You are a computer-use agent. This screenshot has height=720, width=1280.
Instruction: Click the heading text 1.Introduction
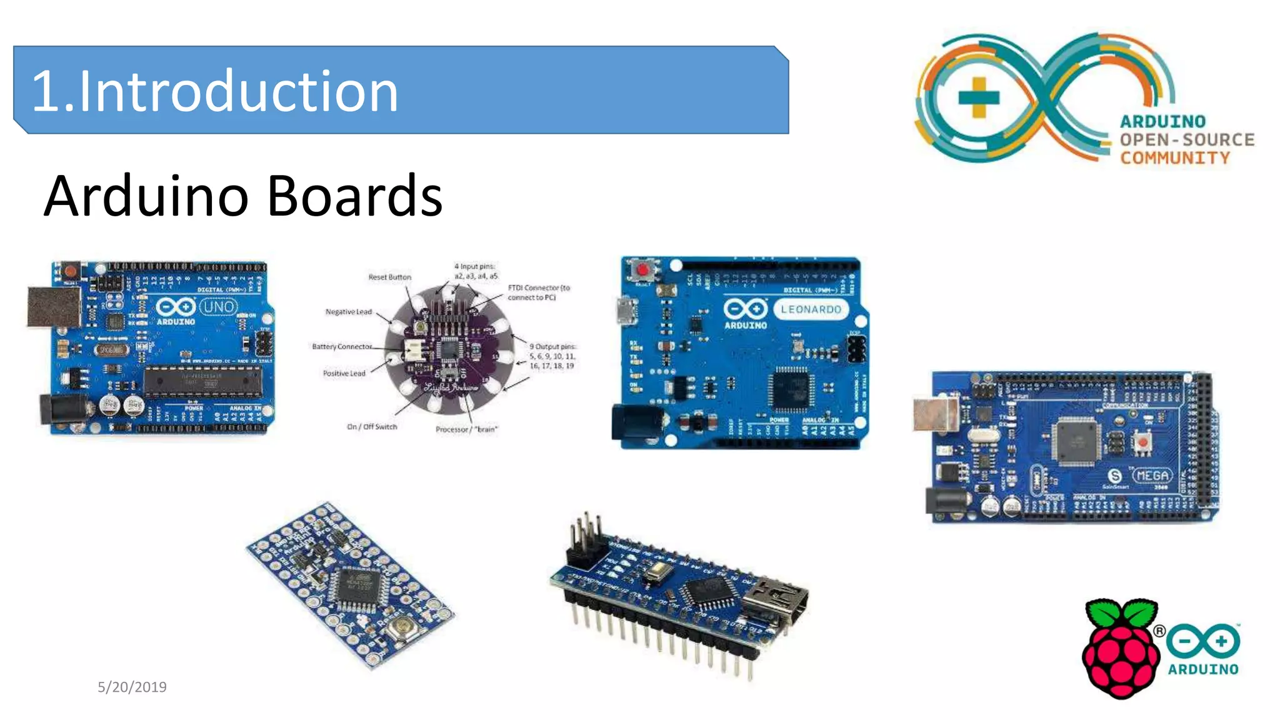[215, 91]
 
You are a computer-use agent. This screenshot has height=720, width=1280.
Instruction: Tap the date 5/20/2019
[132, 687]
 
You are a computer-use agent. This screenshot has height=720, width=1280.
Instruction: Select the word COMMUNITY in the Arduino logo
[1174, 157]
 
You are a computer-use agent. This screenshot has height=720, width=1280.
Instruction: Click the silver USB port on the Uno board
[54, 306]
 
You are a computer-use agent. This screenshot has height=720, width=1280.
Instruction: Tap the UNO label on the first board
[219, 307]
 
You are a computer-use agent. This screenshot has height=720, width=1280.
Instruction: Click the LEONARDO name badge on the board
[811, 309]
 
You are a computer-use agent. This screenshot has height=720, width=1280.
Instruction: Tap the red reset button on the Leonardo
[642, 270]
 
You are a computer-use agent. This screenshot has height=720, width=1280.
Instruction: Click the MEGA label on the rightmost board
[1152, 476]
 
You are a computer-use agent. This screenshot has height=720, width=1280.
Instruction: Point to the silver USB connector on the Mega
[935, 415]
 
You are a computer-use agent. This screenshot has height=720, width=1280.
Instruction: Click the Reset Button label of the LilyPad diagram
[389, 277]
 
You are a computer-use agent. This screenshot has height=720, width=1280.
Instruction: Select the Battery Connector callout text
[342, 346]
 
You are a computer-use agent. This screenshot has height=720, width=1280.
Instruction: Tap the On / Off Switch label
[372, 427]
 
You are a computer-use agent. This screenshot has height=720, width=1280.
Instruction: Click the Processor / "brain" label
[466, 429]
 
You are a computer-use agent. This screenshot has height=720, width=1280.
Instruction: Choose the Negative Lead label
[348, 312]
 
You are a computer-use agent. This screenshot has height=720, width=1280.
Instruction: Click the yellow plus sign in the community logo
[979, 97]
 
